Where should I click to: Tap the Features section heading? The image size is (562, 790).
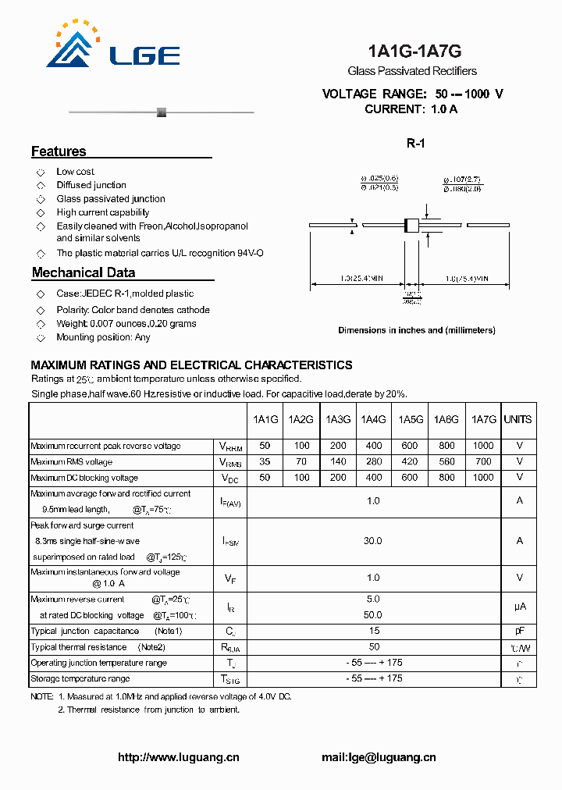pos(59,151)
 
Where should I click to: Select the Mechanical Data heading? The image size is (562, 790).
pos(84,272)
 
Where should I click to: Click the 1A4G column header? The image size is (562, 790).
pos(373,419)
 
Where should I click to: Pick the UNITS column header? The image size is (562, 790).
pos(518,419)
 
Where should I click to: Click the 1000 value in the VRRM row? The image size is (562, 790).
pos(483,446)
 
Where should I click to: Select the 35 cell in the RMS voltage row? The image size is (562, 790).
pos(265,461)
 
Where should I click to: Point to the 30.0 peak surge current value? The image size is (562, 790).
pos(373,540)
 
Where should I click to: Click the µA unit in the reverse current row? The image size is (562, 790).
pos(519,606)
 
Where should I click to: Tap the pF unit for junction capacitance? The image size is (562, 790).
pos(519,631)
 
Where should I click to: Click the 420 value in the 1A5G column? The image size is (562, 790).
pos(410,461)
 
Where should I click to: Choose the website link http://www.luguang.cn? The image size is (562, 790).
pos(178,757)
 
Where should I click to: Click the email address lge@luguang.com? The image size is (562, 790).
pos(379,757)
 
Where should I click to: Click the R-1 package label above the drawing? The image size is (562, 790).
pos(414,143)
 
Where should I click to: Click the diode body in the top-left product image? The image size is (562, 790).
pos(162,112)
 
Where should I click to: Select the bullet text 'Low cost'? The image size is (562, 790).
pos(75,172)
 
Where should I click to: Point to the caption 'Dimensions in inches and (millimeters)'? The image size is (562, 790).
pos(416,330)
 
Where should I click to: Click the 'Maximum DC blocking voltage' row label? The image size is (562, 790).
pos(84,478)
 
